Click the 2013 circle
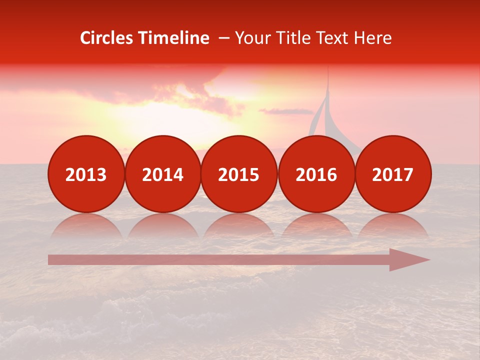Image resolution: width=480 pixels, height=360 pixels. (86, 174)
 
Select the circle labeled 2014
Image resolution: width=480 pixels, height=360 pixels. (163, 174)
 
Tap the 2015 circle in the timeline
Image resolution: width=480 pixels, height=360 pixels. (239, 174)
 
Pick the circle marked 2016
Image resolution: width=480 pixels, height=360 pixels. (316, 174)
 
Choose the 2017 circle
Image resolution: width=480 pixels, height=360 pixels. (393, 174)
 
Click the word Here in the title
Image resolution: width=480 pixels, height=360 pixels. (373, 38)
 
